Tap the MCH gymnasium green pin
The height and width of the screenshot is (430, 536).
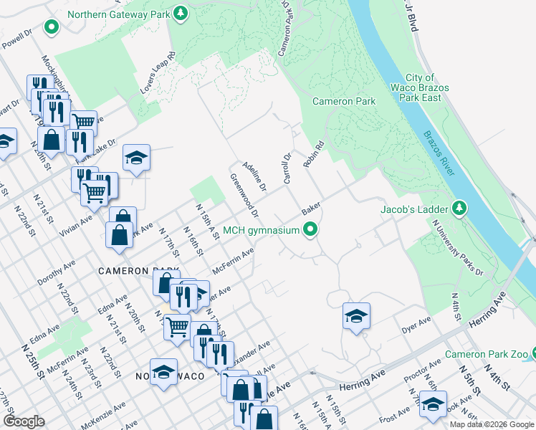click(x=310, y=230)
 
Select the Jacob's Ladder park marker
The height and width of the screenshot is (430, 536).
click(x=460, y=209)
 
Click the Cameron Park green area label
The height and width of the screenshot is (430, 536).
click(x=344, y=101)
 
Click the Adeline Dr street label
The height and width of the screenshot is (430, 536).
click(x=254, y=176)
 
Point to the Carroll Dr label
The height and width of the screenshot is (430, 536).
click(x=287, y=167)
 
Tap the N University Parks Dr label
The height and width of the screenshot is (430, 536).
click(x=457, y=247)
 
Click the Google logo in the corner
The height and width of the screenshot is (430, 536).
click(x=24, y=421)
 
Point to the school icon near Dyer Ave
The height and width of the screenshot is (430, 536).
click(x=356, y=316)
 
